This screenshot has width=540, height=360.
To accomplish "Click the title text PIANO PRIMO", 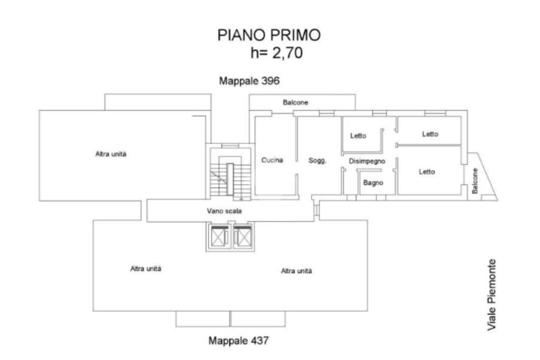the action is click(x=269, y=35).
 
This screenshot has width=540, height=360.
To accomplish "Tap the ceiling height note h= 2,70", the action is click(x=276, y=53).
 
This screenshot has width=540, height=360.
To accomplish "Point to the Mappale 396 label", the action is click(x=249, y=81).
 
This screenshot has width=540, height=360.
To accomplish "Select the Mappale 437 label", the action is click(x=238, y=340).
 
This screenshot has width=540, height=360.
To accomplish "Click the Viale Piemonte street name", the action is click(x=491, y=295).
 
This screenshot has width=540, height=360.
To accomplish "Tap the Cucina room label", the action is click(x=272, y=160).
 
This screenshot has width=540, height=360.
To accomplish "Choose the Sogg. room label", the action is click(x=317, y=160).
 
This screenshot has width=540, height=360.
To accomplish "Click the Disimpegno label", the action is click(x=367, y=161).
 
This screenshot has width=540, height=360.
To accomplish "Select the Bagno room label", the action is click(x=373, y=183).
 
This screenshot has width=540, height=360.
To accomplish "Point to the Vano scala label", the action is click(x=224, y=211).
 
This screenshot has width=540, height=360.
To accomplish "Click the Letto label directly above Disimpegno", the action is click(x=358, y=135).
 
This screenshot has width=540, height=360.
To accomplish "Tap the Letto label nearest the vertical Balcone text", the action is click(x=427, y=171).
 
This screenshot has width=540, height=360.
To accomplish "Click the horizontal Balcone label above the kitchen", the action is click(x=295, y=102).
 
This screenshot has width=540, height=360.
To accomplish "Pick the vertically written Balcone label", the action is click(x=475, y=181).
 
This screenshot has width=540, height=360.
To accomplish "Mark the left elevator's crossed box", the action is click(x=218, y=237).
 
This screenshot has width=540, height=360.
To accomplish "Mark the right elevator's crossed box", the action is click(x=243, y=237).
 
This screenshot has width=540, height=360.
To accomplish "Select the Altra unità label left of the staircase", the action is click(x=111, y=154).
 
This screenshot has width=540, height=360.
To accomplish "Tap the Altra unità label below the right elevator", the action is click(x=296, y=271).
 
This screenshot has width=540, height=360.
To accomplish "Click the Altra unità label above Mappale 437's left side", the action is click(x=146, y=268).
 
